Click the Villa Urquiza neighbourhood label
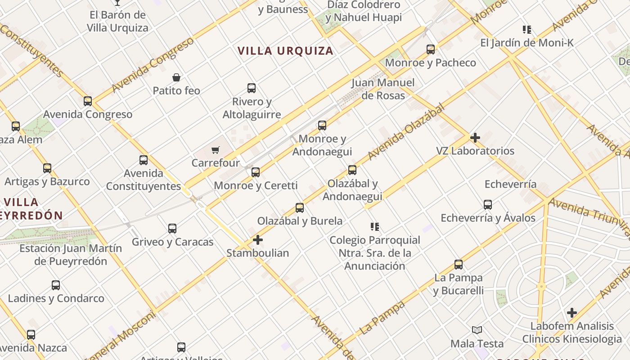point(285,51)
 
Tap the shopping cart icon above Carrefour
point(216,150)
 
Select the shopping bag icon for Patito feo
point(176,77)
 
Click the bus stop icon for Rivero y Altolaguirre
point(252,88)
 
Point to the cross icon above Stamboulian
point(257,240)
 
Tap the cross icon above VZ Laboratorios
point(475,138)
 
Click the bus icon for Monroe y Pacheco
point(431,49)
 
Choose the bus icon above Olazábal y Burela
point(300,208)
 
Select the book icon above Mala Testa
point(477,330)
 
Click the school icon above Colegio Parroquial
point(374,227)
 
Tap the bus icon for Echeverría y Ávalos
point(488,205)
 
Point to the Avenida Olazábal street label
point(405,131)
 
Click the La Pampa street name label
point(382,318)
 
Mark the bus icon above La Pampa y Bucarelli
point(459,265)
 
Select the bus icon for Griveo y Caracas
point(172,229)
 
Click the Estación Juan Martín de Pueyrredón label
point(71,255)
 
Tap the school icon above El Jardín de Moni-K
point(526,30)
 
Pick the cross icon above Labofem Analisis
point(571,313)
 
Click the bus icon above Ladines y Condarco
point(56,285)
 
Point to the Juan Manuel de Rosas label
point(383,89)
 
